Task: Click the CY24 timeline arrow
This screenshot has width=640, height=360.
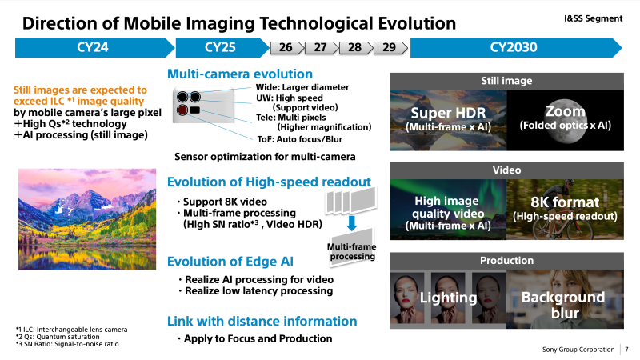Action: [x=94, y=47]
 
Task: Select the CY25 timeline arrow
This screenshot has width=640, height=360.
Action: [x=222, y=47]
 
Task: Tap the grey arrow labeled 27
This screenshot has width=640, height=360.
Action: [x=322, y=48]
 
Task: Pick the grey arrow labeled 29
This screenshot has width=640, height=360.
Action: [x=390, y=48]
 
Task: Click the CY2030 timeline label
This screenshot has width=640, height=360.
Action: [x=514, y=47]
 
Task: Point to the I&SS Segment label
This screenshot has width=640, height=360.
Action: [x=593, y=18]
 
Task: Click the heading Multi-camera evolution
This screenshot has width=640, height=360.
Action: [x=240, y=74]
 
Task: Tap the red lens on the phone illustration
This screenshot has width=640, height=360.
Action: [x=182, y=110]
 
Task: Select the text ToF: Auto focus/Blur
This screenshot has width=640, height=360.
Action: [x=299, y=139]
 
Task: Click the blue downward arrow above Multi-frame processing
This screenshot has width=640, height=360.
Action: [x=351, y=223]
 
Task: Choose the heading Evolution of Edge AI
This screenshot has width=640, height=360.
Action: [x=230, y=262]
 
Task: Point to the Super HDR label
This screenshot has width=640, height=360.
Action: [x=448, y=113]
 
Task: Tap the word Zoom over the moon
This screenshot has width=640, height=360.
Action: [x=566, y=111]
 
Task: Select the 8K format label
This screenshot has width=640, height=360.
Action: [x=565, y=202]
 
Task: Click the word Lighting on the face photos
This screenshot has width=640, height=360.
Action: [x=448, y=298]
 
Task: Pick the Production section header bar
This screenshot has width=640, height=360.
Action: [x=507, y=261]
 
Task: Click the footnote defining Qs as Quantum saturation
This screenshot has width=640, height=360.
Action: [x=58, y=337]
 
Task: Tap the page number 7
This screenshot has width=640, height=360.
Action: [x=627, y=350]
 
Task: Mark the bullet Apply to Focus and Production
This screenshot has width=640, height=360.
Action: [x=254, y=338]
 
